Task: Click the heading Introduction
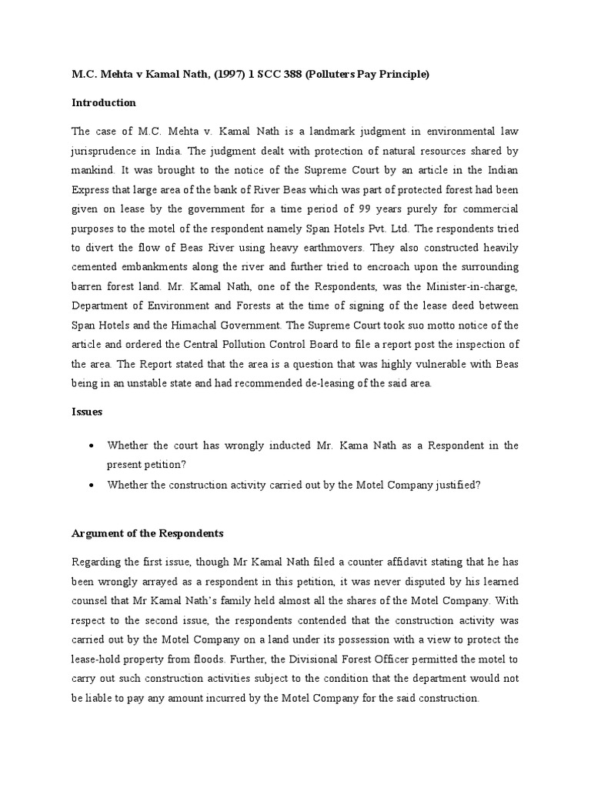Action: [104, 102]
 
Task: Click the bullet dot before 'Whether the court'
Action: [92, 446]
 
